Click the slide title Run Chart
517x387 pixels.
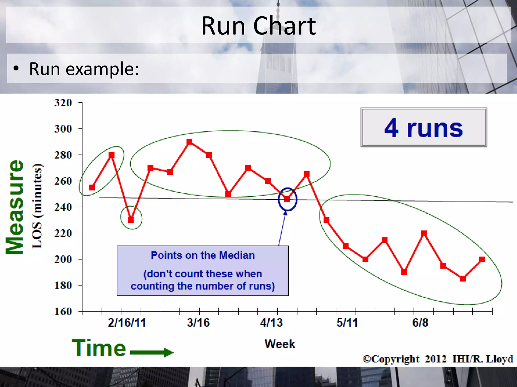pyautogui.click(x=258, y=26)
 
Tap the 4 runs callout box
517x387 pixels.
pyautogui.click(x=424, y=127)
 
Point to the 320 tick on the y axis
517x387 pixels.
pyautogui.click(x=63, y=103)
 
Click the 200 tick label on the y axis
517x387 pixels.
pyautogui.click(x=63, y=259)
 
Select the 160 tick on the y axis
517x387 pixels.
pyautogui.click(x=63, y=311)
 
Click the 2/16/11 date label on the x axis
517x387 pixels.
pyautogui.click(x=127, y=323)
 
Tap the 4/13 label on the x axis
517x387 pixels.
pyautogui.click(x=272, y=323)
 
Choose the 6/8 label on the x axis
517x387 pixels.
pyautogui.click(x=420, y=323)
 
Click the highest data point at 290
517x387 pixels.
pyautogui.click(x=190, y=142)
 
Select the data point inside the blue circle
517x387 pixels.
pyautogui.click(x=287, y=199)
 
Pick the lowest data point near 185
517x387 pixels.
pyautogui.click(x=463, y=279)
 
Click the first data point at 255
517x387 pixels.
pyautogui.click(x=92, y=187)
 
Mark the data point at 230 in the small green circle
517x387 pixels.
pyautogui.click(x=131, y=220)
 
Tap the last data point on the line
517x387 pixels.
pyautogui.click(x=482, y=259)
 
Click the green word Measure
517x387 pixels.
pyautogui.click(x=15, y=207)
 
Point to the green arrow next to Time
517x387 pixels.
pyautogui.click(x=152, y=352)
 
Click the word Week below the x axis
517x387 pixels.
pyautogui.click(x=280, y=344)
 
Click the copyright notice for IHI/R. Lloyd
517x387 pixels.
pyautogui.click(x=438, y=359)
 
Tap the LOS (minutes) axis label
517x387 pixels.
pyautogui.click(x=37, y=206)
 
